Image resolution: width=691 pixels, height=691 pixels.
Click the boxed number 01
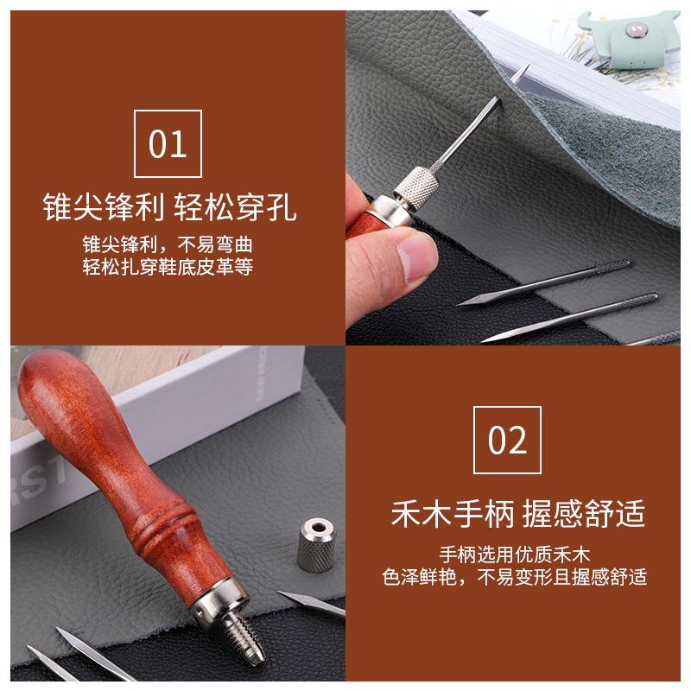click(x=168, y=144)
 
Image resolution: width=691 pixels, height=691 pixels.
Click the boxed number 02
click(x=507, y=440)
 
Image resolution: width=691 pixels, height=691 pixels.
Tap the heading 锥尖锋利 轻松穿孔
click(x=169, y=208)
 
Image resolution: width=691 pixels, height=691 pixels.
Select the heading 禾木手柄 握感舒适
click(x=517, y=515)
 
